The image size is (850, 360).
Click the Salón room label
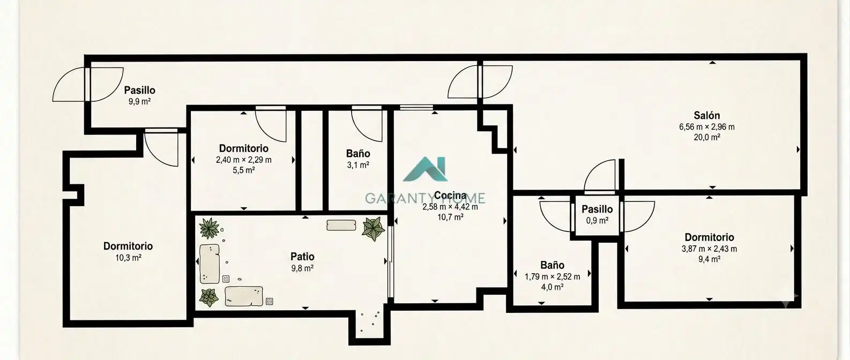(706, 115)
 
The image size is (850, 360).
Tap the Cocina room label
(450, 196)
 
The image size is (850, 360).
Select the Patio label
(302, 257)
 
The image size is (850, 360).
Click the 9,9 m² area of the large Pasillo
(140, 102)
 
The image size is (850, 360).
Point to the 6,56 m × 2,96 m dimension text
(706, 127)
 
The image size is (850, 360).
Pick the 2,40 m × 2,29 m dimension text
(244, 160)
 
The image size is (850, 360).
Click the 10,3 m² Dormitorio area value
(128, 258)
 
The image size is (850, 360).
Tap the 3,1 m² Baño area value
(358, 165)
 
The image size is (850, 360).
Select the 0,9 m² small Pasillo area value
(597, 220)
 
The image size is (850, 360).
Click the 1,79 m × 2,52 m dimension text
(552, 277)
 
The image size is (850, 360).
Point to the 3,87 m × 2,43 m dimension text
(709, 249)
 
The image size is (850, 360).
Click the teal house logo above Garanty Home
(426, 169)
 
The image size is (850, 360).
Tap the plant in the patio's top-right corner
(374, 229)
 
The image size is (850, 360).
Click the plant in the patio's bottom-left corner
(208, 297)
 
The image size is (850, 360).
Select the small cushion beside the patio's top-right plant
(341, 226)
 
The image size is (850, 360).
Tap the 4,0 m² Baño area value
(552, 287)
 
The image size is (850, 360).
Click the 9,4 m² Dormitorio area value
(709, 259)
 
